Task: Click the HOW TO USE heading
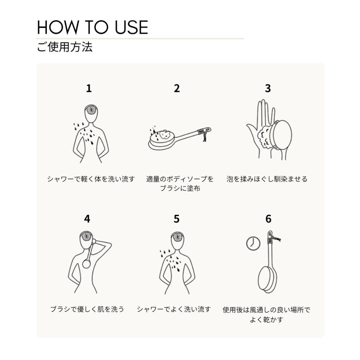[x=92, y=28]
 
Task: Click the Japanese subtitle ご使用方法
[x=65, y=47]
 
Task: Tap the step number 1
[x=89, y=88]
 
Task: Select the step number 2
[x=177, y=88]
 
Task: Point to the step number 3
[x=268, y=88]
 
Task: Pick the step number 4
[x=87, y=219]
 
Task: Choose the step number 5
[x=176, y=219]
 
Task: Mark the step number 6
[x=268, y=219]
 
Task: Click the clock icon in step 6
[x=253, y=243]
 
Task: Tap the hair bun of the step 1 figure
[x=91, y=109]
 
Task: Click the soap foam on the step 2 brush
[x=165, y=135]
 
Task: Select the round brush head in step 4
[x=86, y=264]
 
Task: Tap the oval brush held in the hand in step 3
[x=282, y=135]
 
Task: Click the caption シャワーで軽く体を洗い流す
[x=91, y=179]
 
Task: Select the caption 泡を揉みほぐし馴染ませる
[x=267, y=179]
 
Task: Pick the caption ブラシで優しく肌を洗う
[x=87, y=309]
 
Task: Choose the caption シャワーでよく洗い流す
[x=174, y=309]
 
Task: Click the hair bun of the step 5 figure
[x=178, y=236]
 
